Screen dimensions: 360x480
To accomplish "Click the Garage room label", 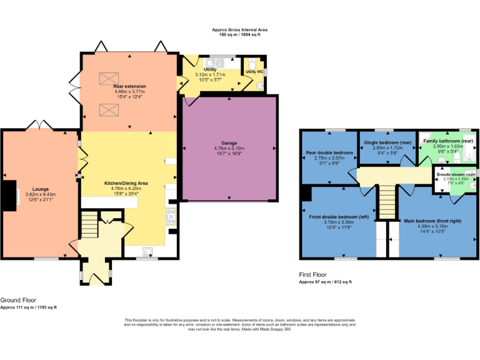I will pos(229,143).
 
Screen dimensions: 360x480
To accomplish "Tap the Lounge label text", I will pos(32,188).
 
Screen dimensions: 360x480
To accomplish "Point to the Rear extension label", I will pos(131,86).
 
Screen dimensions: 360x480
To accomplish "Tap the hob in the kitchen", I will pos(170,216).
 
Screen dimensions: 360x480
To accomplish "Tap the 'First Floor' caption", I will pos(314,274).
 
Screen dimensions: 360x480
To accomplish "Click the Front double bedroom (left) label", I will pos(339,217).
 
